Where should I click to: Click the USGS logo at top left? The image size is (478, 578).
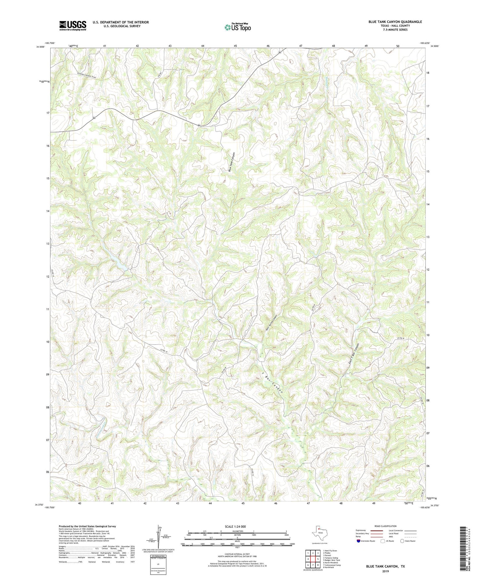pos(73,25)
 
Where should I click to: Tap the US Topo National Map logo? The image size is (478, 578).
pos(238,27)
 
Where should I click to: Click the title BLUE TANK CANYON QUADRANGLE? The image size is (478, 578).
pos(395,22)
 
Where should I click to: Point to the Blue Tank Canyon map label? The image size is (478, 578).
pos(231,162)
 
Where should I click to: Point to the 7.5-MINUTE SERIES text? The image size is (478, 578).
pos(395,30)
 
